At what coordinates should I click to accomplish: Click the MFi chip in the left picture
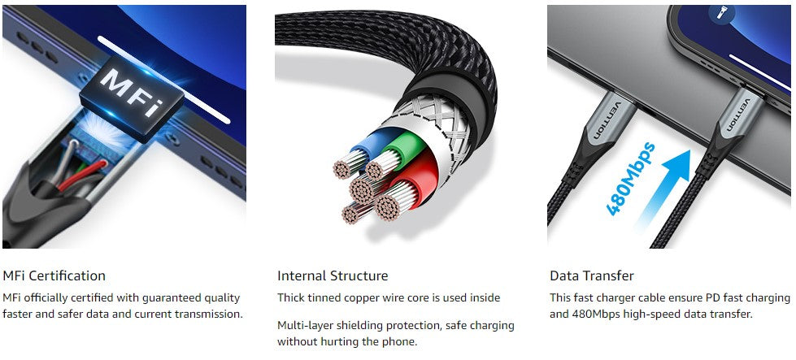pos(132,98)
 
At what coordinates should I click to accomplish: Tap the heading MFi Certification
pos(54,275)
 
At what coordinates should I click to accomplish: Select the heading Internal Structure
pos(333,275)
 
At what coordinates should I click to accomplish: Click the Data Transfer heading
pos(592,275)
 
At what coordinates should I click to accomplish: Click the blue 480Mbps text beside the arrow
pos(629,179)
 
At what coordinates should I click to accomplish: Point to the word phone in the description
pos(402,342)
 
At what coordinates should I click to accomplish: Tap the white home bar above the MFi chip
pos(163,80)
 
